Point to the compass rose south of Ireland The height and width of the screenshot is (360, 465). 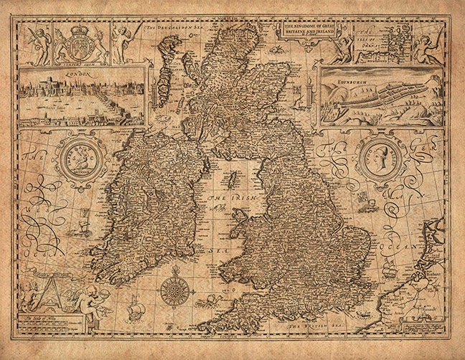coord(174,290)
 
